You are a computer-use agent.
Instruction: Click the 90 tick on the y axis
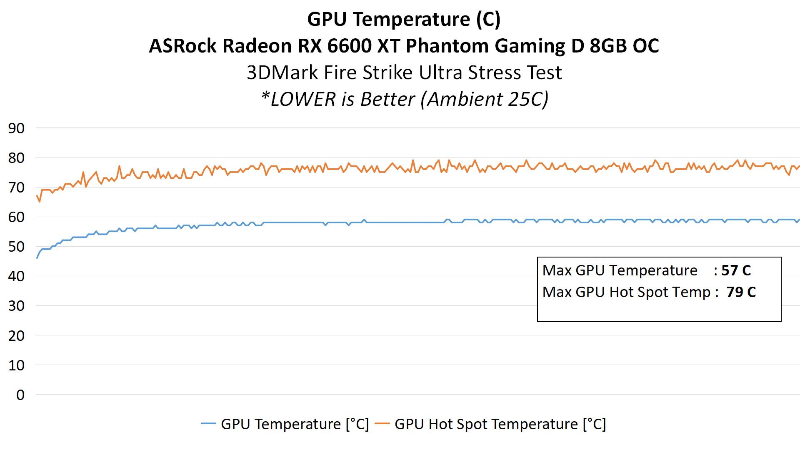click(x=16, y=128)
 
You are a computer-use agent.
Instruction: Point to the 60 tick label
click(x=16, y=217)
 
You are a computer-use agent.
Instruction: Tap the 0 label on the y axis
click(x=20, y=395)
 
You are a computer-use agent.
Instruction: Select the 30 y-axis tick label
click(x=16, y=306)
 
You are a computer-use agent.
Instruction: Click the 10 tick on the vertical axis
click(x=16, y=365)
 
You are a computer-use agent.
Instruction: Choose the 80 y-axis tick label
click(x=16, y=158)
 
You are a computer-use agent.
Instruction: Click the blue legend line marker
click(x=208, y=424)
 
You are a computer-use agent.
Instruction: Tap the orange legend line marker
click(x=382, y=424)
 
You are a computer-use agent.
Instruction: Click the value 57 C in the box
click(x=736, y=270)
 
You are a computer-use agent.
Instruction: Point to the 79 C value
click(x=741, y=292)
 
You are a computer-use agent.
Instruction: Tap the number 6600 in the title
click(x=349, y=46)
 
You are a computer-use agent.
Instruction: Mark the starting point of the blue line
click(x=37, y=258)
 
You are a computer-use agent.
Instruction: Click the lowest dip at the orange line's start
click(x=40, y=202)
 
